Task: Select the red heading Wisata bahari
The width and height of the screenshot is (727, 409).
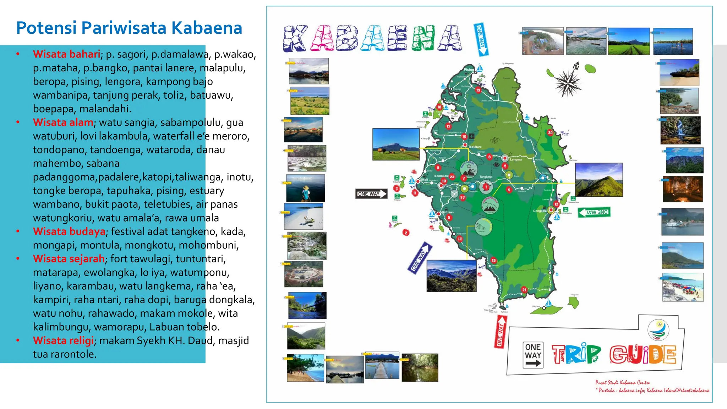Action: point(66,54)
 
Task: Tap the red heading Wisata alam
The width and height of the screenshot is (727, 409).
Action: point(63,122)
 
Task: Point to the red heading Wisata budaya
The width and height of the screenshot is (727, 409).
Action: point(69,231)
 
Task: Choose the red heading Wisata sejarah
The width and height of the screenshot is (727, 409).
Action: point(69,259)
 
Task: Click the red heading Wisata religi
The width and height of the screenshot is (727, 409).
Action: point(63,340)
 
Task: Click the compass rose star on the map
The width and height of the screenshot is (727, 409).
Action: point(568,83)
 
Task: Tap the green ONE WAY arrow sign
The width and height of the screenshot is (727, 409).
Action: point(594,212)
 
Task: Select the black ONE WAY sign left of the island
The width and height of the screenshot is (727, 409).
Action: point(371,194)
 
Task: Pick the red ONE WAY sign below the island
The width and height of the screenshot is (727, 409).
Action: point(500,332)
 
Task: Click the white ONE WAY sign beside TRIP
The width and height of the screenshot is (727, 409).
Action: point(533,355)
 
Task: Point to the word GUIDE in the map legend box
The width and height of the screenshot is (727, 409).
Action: point(643,355)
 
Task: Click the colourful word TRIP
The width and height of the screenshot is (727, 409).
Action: point(576,354)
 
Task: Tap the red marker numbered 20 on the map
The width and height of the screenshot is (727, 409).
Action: point(550,132)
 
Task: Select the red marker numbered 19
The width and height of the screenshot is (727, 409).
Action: point(478,90)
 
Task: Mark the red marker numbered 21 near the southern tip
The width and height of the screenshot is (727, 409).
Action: point(524,290)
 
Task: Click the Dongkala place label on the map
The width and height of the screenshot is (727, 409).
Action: point(540,211)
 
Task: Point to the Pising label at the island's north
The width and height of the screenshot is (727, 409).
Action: point(469,70)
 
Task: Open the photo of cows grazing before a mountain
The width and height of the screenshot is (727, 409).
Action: point(396,144)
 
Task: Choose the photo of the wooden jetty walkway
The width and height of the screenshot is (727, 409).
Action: point(382,366)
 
